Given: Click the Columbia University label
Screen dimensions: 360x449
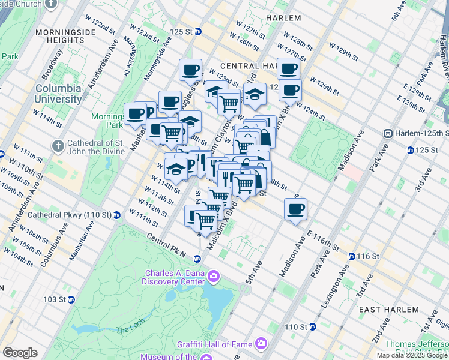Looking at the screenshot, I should (58, 94).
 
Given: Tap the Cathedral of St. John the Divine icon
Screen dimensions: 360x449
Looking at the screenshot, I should (58, 146).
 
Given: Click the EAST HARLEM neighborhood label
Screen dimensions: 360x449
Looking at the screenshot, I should (388, 309).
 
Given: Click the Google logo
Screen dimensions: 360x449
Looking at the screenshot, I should (20, 353).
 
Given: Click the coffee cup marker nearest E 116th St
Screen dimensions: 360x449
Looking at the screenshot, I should (295, 209).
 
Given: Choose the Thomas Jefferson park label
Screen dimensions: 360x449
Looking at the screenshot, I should (416, 344).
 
